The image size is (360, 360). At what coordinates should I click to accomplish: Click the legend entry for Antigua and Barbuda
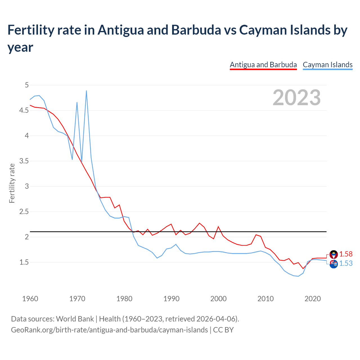point(263,65)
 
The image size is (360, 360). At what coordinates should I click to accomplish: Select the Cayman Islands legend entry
point(327,65)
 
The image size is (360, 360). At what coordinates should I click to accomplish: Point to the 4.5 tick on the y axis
point(24,111)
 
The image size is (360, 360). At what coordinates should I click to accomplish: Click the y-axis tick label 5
point(27,85)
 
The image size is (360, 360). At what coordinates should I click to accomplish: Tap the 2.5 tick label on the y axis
point(24,212)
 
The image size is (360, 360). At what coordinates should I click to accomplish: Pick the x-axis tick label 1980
point(124,299)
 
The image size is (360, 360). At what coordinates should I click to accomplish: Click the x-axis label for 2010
point(265,299)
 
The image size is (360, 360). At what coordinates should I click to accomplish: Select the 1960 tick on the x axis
point(30,299)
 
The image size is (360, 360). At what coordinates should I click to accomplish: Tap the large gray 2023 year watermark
point(297,98)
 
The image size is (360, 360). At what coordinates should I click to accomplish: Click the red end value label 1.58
point(346,254)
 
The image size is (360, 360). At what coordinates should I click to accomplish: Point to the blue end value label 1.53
point(346,264)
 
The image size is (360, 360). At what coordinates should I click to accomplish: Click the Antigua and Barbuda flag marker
point(334,255)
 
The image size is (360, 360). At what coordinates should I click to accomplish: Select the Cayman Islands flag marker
point(334,264)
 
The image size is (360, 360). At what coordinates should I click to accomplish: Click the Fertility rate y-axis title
point(12,183)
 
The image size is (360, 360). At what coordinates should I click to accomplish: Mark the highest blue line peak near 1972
point(86,91)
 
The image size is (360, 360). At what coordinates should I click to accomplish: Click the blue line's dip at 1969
point(72,159)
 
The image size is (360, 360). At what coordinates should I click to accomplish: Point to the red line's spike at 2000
point(218,226)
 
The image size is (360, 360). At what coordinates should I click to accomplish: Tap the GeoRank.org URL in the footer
point(109,330)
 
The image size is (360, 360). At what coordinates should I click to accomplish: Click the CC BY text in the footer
point(223,330)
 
